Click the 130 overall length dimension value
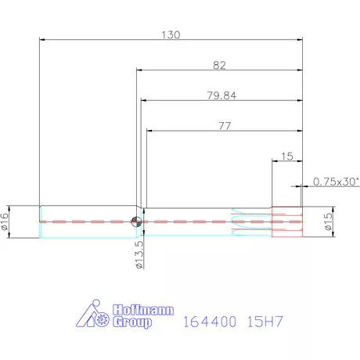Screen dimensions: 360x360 click(x=171, y=34)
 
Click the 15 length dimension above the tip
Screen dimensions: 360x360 click(x=286, y=157)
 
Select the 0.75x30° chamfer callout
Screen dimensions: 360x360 click(x=336, y=182)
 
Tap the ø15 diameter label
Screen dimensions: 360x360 click(x=328, y=221)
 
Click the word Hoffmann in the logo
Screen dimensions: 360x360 click(x=134, y=308)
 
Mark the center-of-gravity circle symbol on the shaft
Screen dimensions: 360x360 click(x=137, y=221)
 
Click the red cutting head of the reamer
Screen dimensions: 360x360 click(x=286, y=221)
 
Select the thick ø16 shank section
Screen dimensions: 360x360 click(x=86, y=221)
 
